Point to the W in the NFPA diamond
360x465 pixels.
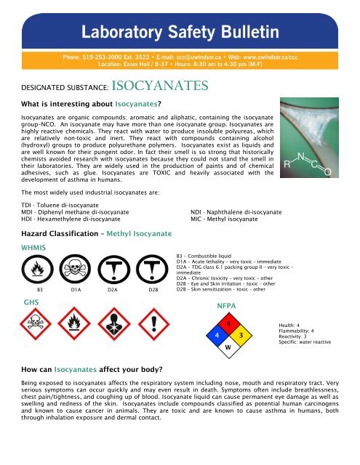tap(228, 347)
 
